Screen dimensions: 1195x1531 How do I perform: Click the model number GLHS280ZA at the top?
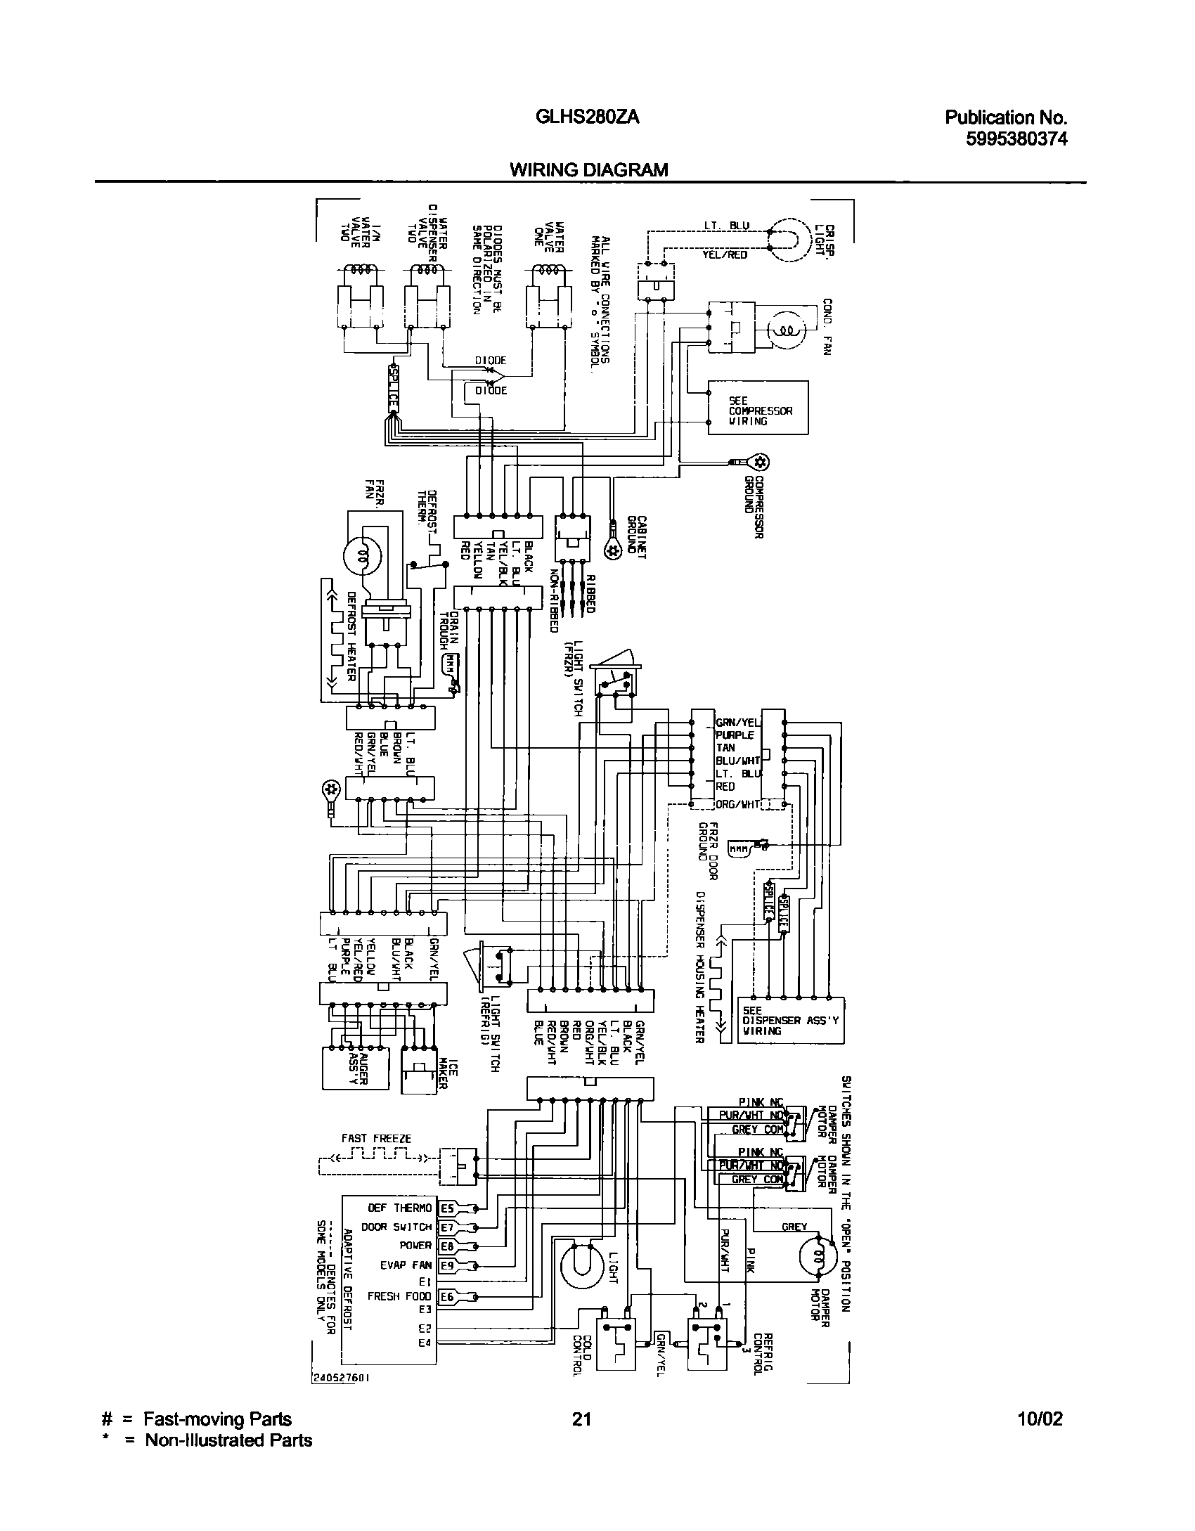pyautogui.click(x=588, y=117)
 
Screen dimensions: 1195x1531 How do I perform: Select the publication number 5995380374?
pyautogui.click(x=1016, y=139)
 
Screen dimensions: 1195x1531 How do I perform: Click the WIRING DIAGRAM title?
pyautogui.click(x=588, y=169)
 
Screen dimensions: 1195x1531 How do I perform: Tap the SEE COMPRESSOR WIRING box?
pyautogui.click(x=758, y=408)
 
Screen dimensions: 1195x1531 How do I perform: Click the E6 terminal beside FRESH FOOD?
pyautogui.click(x=447, y=1297)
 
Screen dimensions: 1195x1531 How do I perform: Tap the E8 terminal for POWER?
pyautogui.click(x=447, y=1246)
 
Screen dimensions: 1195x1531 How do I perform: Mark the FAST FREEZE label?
pyautogui.click(x=376, y=1138)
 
